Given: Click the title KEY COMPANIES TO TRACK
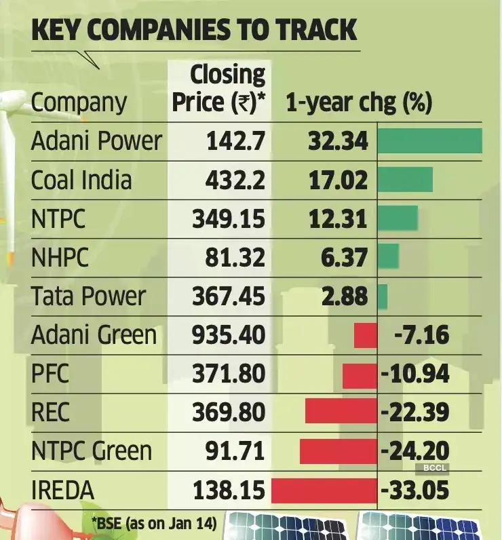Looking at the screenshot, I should (194, 31).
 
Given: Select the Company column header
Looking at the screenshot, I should (79, 102).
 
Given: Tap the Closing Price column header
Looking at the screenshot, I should (218, 88).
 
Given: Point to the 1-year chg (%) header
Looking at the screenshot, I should (359, 102).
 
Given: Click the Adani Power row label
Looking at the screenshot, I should (96, 141).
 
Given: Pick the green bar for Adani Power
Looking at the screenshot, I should (429, 141).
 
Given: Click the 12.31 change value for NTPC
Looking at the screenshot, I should (337, 219).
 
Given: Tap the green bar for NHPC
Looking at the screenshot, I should (388, 257).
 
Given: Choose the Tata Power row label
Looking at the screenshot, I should (88, 296).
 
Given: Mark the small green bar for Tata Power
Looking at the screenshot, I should (383, 296).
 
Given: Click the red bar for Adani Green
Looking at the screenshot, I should (365, 335).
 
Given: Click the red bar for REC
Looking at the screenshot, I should (341, 412).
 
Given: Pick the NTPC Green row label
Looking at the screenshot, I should (92, 451).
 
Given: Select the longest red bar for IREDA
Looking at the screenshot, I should (324, 490).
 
